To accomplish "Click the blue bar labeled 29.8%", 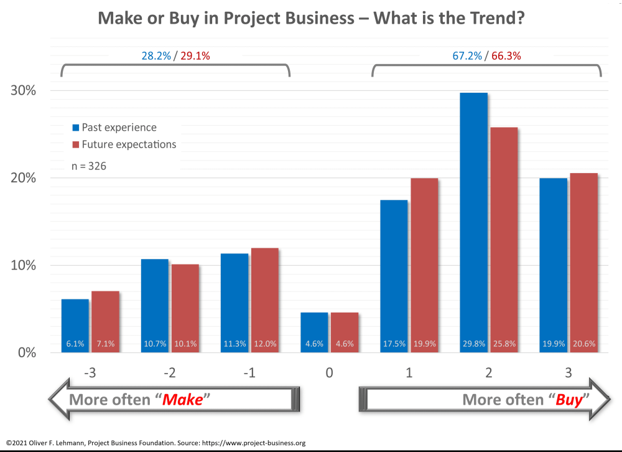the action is point(473,222).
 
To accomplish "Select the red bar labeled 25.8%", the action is point(504,240).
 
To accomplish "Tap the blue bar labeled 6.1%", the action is point(75,326).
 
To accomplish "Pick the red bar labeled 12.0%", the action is point(264,300).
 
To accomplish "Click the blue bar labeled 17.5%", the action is point(394,276).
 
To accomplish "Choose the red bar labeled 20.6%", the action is point(584,263).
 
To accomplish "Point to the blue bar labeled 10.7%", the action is point(155,306).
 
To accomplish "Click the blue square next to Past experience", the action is point(76,128).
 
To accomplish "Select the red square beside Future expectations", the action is point(76,144).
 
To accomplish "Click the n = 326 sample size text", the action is point(89,166).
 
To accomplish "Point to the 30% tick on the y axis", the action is point(23,90).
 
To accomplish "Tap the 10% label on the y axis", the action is point(23,265).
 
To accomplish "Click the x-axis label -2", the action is point(169,372).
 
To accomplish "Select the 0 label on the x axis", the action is point(329,372).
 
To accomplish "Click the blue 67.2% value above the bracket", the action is point(467,56).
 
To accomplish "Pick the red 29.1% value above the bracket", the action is point(195,56).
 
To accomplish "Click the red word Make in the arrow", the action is point(182,400).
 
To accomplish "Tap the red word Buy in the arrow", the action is point(569,400).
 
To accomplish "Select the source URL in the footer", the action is point(254,443).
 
